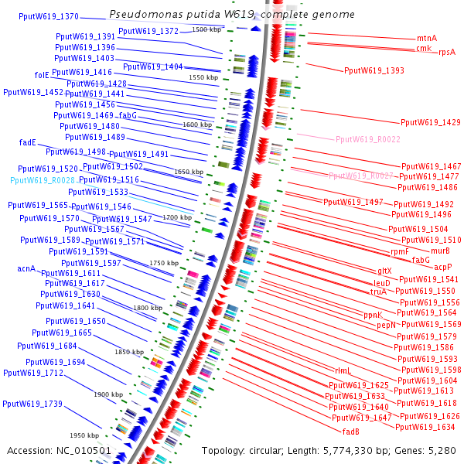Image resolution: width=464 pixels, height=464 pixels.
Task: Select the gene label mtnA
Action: coord(426,38)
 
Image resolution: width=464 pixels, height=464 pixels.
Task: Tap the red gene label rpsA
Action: coord(446,53)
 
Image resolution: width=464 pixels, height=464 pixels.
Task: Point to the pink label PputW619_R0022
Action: coord(367,139)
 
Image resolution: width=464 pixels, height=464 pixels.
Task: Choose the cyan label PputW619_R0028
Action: coord(43,179)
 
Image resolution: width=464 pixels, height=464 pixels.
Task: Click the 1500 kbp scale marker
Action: coord(206,29)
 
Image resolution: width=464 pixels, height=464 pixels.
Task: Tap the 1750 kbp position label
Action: coord(163,264)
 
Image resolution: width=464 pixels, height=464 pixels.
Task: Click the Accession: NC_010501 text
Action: coord(60,450)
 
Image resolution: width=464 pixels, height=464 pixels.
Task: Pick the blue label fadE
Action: coord(28,142)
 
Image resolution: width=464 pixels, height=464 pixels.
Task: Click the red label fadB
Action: coord(350,432)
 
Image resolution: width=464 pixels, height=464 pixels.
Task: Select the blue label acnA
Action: coord(26,269)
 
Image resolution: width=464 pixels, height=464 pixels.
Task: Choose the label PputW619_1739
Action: coord(32,404)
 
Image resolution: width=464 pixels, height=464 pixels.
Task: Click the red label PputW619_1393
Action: coord(374,70)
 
